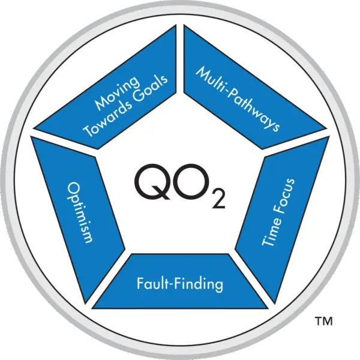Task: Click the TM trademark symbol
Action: pyautogui.click(x=323, y=323)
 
